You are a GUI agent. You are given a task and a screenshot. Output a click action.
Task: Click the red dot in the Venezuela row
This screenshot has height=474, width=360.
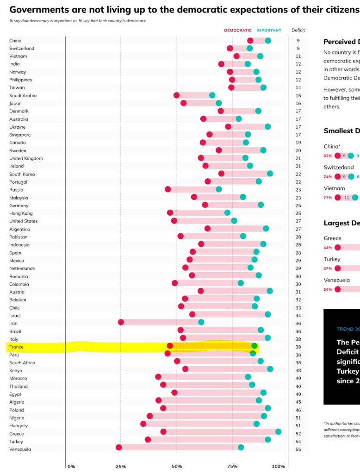click(x=118, y=448)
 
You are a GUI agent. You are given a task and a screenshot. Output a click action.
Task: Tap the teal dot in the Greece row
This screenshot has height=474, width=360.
click(x=278, y=432)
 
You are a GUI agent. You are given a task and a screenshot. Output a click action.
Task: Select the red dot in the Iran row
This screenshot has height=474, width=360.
click(x=121, y=322)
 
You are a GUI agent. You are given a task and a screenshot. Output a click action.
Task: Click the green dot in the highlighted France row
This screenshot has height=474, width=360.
click(x=254, y=346)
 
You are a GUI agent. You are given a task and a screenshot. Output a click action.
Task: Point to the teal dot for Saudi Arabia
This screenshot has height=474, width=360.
click(x=212, y=95)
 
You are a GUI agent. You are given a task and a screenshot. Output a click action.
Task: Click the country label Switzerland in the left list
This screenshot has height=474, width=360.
click(x=21, y=48)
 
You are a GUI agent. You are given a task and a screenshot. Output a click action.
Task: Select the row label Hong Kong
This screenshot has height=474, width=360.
click(x=21, y=213)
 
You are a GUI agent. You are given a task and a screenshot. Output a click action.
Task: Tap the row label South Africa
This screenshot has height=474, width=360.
click(x=22, y=362)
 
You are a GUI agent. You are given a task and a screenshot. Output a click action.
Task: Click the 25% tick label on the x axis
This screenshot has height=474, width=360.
click(x=120, y=467)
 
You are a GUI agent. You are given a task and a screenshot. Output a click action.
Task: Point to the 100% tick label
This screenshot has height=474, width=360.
click(x=279, y=467)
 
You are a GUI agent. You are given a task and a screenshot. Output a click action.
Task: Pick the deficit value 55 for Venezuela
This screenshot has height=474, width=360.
click(x=298, y=449)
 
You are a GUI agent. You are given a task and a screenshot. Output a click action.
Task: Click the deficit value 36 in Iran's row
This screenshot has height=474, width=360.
click(x=298, y=323)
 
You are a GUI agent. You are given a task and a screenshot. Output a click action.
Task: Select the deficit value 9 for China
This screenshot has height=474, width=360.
click(x=298, y=41)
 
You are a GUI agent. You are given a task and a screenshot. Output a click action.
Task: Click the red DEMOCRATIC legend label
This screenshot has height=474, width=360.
click(x=238, y=31)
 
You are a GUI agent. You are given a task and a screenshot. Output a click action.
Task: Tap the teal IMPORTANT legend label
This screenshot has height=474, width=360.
click(x=269, y=31)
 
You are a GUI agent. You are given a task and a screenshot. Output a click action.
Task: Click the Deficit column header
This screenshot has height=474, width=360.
click(x=298, y=31)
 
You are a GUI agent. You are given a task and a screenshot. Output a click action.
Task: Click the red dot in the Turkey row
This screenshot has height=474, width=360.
click(x=148, y=440)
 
